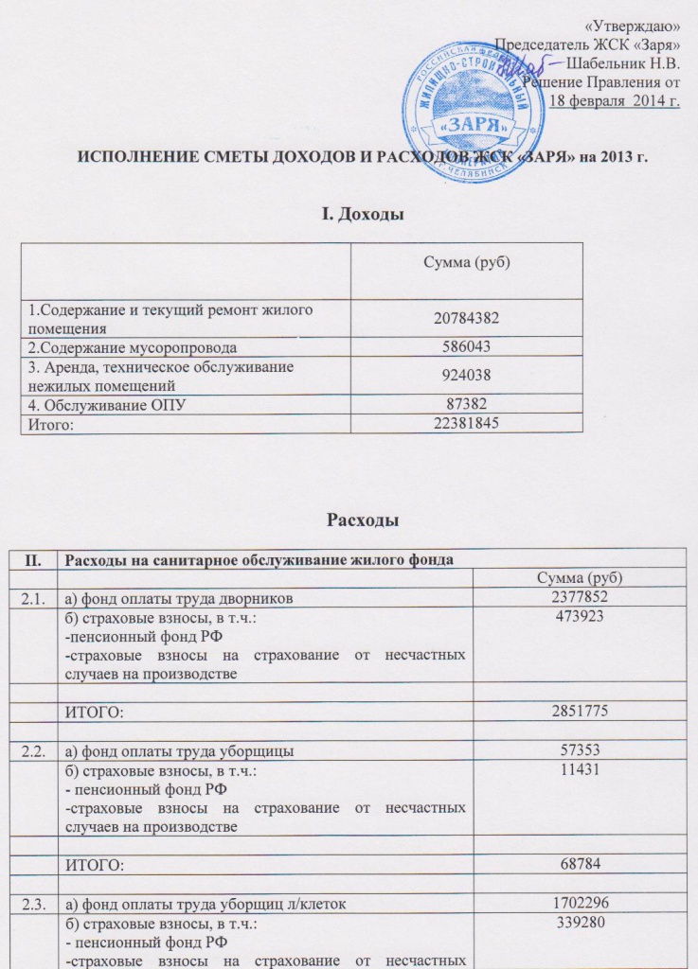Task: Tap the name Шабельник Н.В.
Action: [x=624, y=63]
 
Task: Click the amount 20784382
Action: [x=466, y=319]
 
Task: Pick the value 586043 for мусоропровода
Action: [x=466, y=347]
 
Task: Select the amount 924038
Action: [x=466, y=374]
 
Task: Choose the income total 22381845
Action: [x=466, y=422]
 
